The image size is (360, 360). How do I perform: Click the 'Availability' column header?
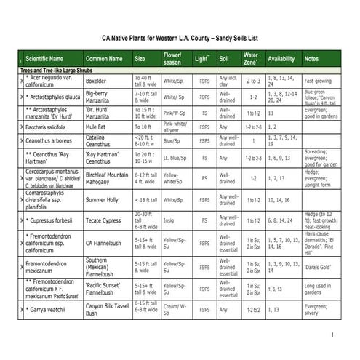(281, 58)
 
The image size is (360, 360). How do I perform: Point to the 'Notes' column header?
(311, 58)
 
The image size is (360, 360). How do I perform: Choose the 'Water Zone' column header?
(252, 58)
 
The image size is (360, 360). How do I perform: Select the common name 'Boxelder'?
(97, 81)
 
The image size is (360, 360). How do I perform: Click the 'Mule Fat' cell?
(98, 127)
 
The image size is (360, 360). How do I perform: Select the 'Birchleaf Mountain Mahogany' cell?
(108, 178)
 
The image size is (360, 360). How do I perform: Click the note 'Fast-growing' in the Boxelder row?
(319, 81)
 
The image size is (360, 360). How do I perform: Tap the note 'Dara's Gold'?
(318, 267)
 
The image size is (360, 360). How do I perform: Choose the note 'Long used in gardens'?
(318, 289)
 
